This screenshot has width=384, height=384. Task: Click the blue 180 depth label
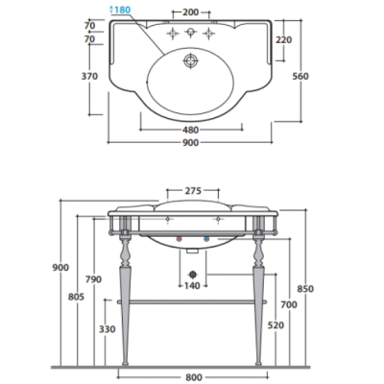point(120,10)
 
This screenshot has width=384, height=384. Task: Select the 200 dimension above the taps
point(191,12)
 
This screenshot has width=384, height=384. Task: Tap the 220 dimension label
point(283,40)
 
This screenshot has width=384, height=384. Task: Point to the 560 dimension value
point(300,76)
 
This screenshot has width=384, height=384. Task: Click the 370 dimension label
point(89,77)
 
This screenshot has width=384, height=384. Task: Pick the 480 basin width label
point(191,130)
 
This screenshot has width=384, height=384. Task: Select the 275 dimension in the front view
point(193,191)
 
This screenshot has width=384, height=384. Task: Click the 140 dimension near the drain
point(192,285)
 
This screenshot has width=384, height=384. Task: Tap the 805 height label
point(76,297)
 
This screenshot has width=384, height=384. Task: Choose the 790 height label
point(93,279)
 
